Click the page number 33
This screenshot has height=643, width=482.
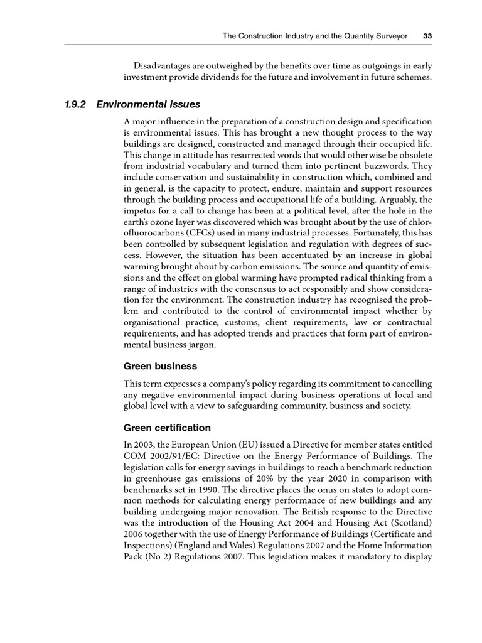[x=427, y=36]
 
